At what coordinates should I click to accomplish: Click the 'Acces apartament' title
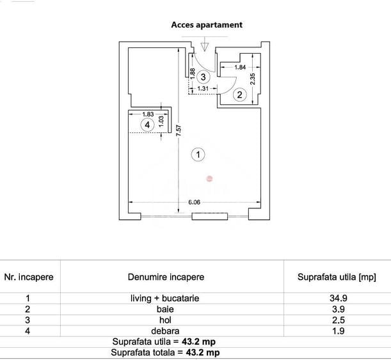click(206, 25)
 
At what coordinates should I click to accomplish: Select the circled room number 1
click(198, 154)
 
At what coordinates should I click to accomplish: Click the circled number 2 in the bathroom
click(239, 95)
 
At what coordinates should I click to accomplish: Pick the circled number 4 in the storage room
click(148, 125)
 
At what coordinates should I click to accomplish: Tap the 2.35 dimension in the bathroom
click(252, 78)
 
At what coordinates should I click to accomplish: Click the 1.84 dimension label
click(240, 67)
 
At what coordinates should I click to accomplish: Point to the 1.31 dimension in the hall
click(203, 89)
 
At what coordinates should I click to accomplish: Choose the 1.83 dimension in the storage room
click(148, 114)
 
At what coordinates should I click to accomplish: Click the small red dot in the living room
click(209, 178)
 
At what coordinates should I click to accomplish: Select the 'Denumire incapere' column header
click(166, 277)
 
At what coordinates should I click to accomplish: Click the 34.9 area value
click(337, 298)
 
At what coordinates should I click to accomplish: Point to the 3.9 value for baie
click(337, 309)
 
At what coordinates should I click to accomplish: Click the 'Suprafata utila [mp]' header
click(337, 277)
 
